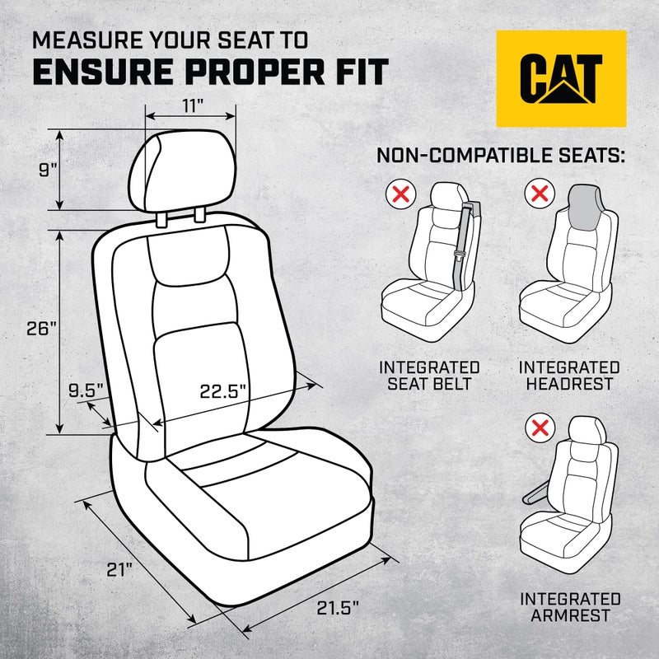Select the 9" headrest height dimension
pyautogui.click(x=48, y=170)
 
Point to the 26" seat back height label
pyautogui.click(x=40, y=328)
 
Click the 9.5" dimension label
pyautogui.click(x=85, y=390)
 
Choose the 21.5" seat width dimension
pyautogui.click(x=338, y=609)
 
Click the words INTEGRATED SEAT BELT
pyautogui.click(x=428, y=375)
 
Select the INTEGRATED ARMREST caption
pyautogui.click(x=570, y=607)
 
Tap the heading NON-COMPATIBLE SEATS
pyautogui.click(x=500, y=156)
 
